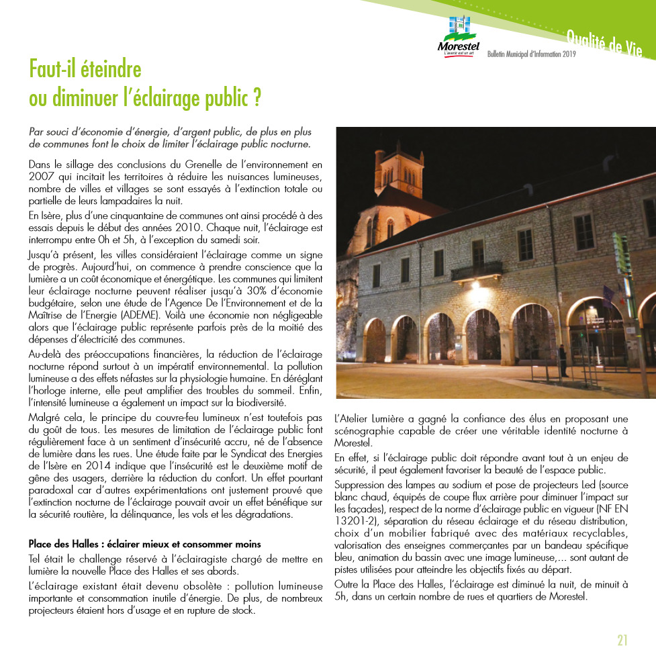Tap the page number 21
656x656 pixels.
click(622, 639)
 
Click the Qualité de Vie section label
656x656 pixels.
click(604, 41)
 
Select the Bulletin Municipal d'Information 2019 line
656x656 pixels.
click(532, 54)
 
